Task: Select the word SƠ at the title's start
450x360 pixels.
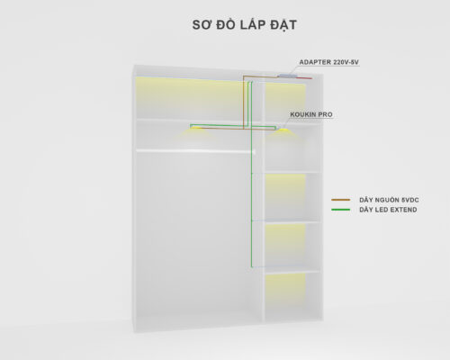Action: [x=202, y=24]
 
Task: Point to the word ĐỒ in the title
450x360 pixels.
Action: [x=226, y=24]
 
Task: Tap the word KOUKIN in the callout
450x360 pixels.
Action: [x=302, y=114]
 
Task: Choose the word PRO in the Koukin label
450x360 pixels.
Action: [x=325, y=114]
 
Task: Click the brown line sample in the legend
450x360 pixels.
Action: [x=341, y=200]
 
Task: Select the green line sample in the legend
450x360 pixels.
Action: [x=341, y=210]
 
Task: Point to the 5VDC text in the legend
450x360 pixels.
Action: [x=409, y=200]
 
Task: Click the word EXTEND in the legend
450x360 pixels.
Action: [x=403, y=210]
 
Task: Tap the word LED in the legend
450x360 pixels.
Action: [x=381, y=210]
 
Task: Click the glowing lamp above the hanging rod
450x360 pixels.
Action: [x=196, y=128]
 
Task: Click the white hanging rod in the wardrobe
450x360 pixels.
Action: [x=195, y=151]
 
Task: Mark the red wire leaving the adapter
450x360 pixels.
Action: [x=302, y=78]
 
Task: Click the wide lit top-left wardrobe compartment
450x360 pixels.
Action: [x=189, y=97]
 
